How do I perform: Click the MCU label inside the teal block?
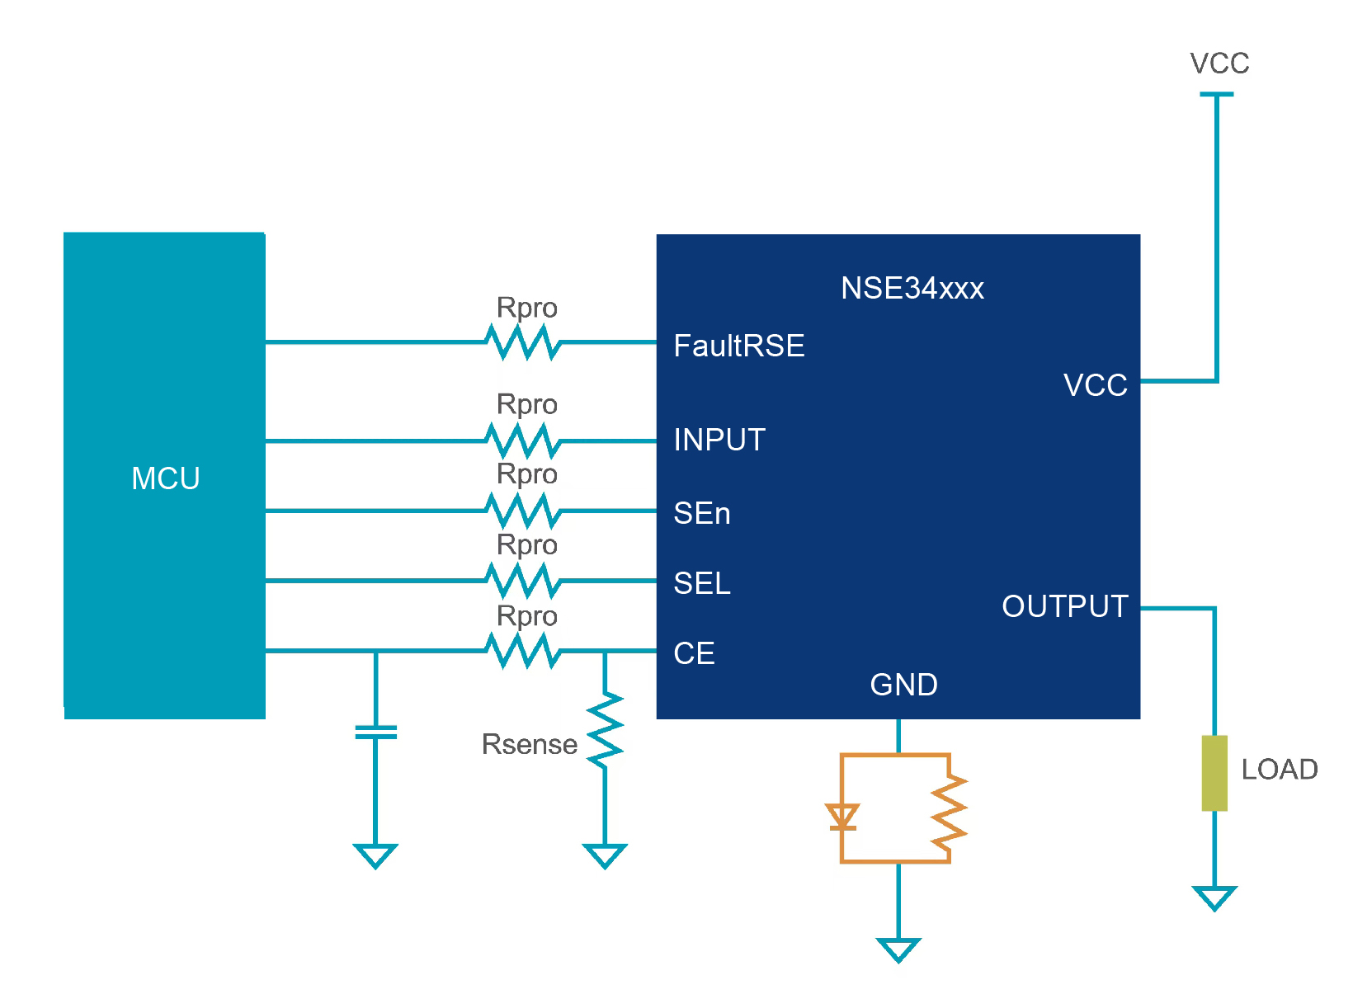(x=165, y=478)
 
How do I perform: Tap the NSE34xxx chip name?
(x=912, y=288)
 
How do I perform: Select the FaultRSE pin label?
(x=738, y=346)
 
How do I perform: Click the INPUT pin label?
(x=719, y=440)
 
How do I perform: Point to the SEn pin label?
(x=701, y=513)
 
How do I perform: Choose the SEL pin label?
(x=701, y=583)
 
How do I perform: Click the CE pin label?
(x=694, y=653)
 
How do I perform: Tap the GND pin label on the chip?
(x=903, y=685)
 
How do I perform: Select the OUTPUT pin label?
(x=1064, y=606)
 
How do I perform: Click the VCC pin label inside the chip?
(x=1095, y=385)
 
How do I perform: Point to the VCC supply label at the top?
(x=1219, y=64)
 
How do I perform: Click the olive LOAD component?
(x=1214, y=773)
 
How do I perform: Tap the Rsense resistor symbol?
(x=605, y=731)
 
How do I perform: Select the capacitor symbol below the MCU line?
(x=375, y=732)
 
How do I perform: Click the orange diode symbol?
(x=842, y=817)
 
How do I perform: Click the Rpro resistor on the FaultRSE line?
(x=523, y=342)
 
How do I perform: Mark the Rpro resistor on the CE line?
(x=523, y=651)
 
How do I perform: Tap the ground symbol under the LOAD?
(x=1214, y=897)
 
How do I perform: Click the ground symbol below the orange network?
(x=898, y=949)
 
